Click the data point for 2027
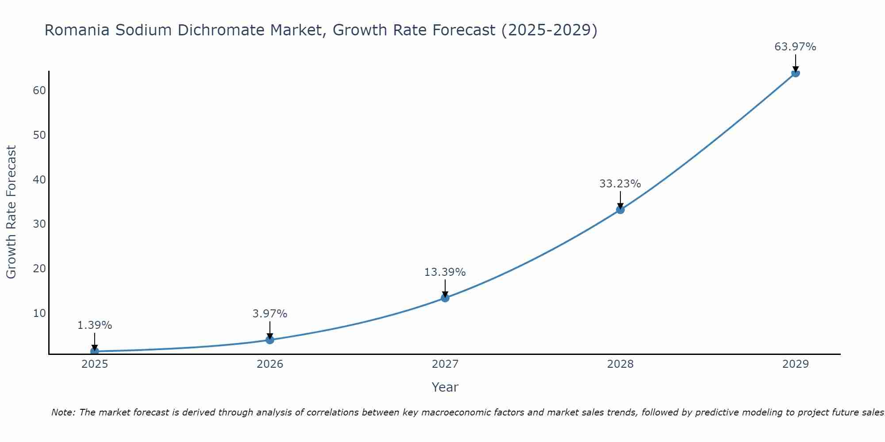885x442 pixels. point(445,298)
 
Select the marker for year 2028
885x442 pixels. point(620,210)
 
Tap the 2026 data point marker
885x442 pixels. point(269,339)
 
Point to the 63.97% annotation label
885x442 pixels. point(795,47)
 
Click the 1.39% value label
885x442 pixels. point(95,325)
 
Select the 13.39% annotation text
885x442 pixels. point(445,272)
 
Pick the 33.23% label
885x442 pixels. point(620,184)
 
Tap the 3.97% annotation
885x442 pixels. point(269,314)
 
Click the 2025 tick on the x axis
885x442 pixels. point(95,364)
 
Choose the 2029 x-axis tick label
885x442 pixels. point(795,364)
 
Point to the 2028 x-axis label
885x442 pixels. point(620,364)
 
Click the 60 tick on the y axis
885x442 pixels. point(39,91)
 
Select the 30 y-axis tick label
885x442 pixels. point(39,224)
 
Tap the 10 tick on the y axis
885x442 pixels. point(39,313)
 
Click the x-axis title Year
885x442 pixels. point(445,387)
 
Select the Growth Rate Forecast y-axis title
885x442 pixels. point(11,212)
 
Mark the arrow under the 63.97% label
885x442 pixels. point(795,63)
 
